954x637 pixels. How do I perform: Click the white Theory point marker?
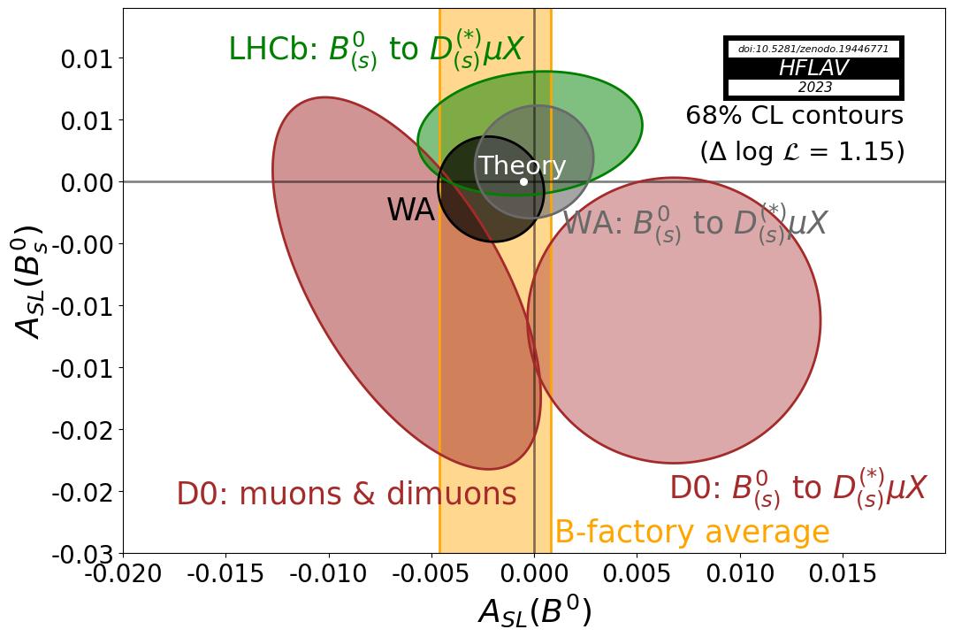coord(523,181)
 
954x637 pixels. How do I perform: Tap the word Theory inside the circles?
coord(522,165)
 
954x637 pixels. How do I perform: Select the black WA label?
coord(410,211)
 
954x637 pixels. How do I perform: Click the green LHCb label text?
coord(376,50)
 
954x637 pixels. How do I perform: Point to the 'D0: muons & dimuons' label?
coord(346,494)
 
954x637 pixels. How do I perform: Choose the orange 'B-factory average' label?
coord(691,533)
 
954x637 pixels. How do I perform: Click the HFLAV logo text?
coord(813,68)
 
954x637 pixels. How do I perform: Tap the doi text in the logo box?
coord(813,49)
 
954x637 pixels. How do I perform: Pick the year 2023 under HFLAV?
coord(814,88)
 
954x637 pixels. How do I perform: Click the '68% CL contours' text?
coord(794,116)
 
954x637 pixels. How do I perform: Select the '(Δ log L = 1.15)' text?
coord(802,151)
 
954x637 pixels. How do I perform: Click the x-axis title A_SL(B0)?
coord(534,612)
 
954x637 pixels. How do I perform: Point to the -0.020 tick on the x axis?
coord(123,573)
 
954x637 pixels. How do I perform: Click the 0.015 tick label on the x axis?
coord(842,573)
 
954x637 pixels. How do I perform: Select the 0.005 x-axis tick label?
coord(637,573)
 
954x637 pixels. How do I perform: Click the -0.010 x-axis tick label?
coord(328,573)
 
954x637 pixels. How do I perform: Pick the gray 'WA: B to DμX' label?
coord(694,223)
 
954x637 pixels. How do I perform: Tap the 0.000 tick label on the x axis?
coord(534,573)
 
